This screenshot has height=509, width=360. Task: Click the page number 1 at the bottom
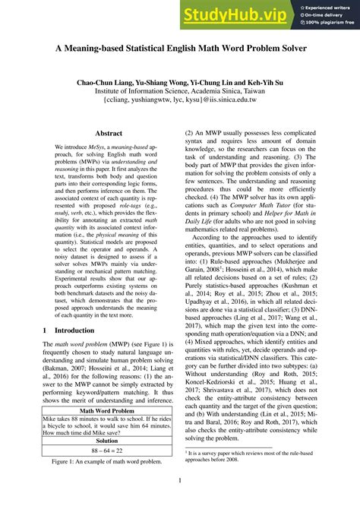click(x=179, y=480)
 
